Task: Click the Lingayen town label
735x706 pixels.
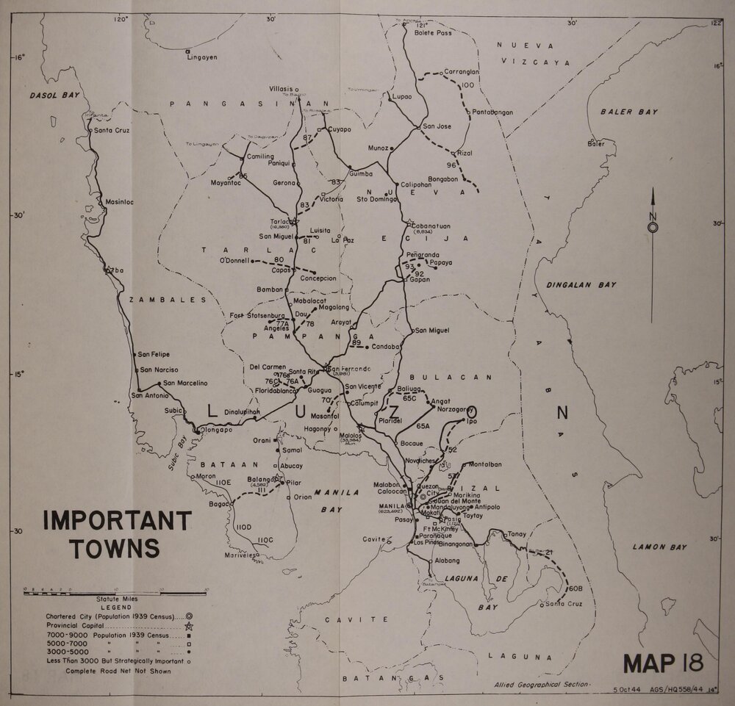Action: (x=202, y=57)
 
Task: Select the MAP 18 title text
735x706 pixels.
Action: (x=663, y=663)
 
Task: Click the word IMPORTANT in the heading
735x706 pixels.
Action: (x=117, y=520)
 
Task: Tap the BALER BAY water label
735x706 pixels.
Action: (x=628, y=112)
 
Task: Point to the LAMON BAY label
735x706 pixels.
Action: (x=659, y=547)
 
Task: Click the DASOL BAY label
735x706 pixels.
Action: (x=54, y=96)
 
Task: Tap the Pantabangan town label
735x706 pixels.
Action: (x=492, y=112)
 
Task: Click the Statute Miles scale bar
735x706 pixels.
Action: (x=114, y=589)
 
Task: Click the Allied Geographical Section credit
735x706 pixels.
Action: (x=542, y=683)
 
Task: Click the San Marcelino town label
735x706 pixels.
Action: (x=185, y=383)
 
